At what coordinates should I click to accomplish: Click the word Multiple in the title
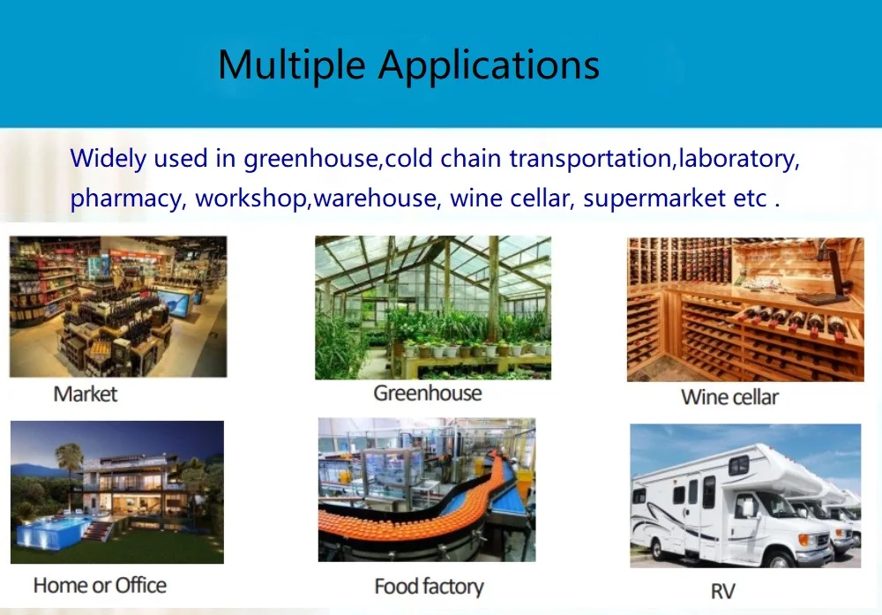pos(291,65)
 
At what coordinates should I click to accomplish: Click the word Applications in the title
pos(489,65)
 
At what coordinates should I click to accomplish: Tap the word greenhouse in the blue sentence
pos(310,159)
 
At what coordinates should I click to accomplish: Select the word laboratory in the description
pos(738,159)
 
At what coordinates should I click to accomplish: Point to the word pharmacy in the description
pos(126,199)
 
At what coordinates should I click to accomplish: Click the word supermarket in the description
pos(654,198)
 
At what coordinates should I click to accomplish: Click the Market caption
pos(86,394)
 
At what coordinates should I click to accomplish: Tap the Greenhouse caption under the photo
pos(428,394)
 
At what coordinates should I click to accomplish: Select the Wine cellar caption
pos(729,397)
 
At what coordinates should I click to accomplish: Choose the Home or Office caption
pos(101,586)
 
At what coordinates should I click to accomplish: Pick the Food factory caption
pos(430,587)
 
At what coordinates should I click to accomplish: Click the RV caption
pos(723,591)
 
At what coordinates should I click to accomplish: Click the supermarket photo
pos(118,307)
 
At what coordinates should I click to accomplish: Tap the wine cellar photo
pos(745,310)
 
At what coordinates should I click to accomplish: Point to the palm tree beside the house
pos(69,467)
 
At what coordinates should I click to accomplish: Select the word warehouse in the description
pos(375,199)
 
